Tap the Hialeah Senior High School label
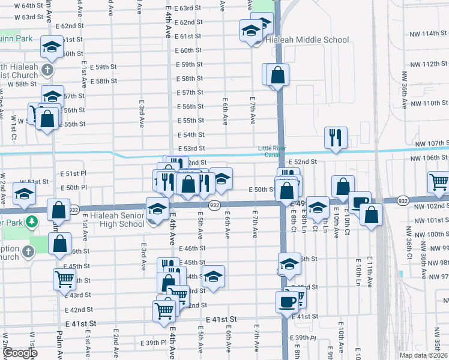[123, 220]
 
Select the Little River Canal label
[273, 151]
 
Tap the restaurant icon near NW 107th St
[335, 137]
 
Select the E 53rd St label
[191, 148]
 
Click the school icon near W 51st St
[25, 193]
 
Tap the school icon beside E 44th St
[213, 277]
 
